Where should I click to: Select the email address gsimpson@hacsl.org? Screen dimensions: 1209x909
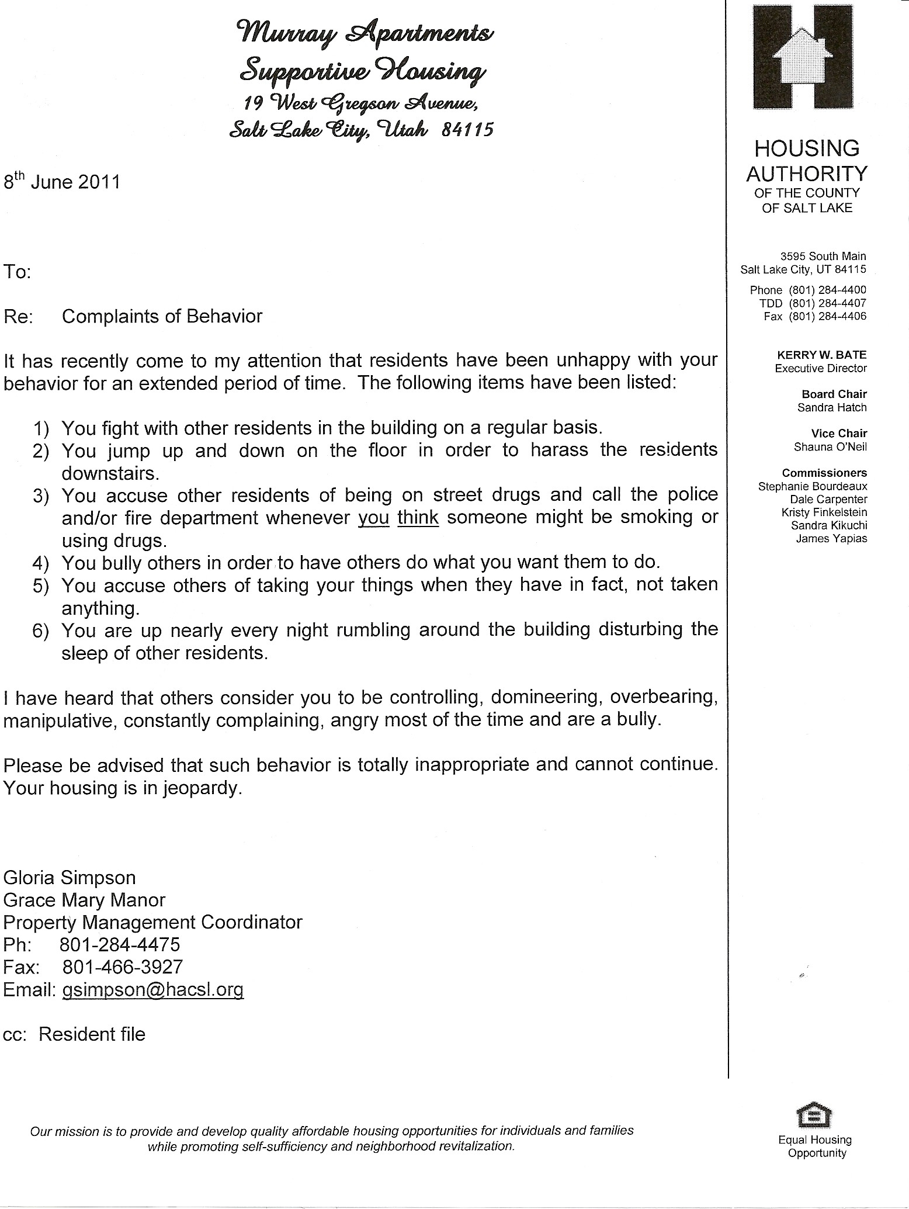pyautogui.click(x=152, y=989)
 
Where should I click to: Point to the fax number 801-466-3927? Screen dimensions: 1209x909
pyautogui.click(x=122, y=966)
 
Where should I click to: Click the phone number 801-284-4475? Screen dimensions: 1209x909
pyautogui.click(x=120, y=944)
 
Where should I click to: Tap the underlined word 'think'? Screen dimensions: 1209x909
pyautogui.click(x=418, y=518)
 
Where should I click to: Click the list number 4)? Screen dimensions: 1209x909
pyautogui.click(x=42, y=563)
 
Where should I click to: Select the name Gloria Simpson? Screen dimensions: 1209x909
pyautogui.click(x=70, y=877)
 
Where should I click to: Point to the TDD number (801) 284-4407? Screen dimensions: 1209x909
pyautogui.click(x=827, y=303)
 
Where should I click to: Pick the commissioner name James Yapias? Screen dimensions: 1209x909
pyautogui.click(x=831, y=539)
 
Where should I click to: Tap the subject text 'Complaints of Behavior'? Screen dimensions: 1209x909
pyautogui.click(x=162, y=316)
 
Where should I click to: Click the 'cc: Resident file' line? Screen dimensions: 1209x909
pyautogui.click(x=74, y=1034)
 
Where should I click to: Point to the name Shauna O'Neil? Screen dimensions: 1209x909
pyautogui.click(x=830, y=447)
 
